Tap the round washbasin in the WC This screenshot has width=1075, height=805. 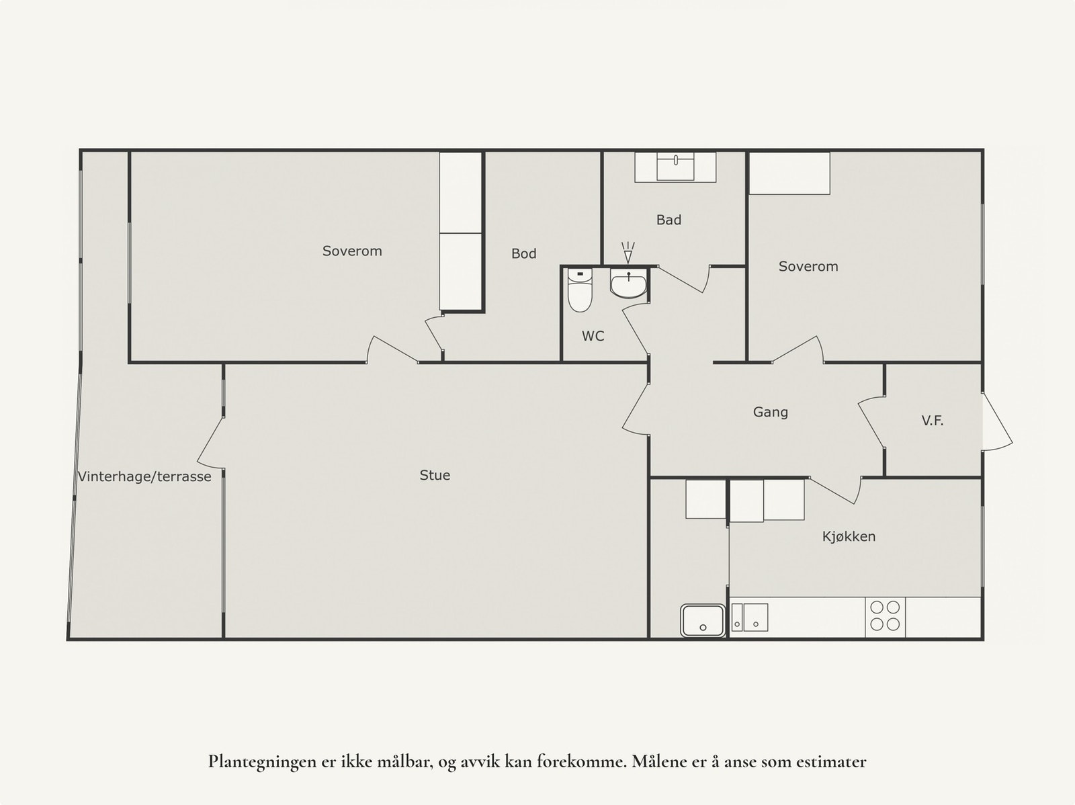click(x=628, y=285)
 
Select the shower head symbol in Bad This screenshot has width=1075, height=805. click(x=628, y=253)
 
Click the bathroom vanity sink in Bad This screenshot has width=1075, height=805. click(x=676, y=167)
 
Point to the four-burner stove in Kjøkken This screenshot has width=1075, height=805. click(x=885, y=616)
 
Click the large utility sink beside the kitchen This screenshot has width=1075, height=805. click(x=703, y=620)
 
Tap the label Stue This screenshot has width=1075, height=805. click(x=435, y=475)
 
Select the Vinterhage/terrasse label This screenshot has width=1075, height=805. click(x=144, y=476)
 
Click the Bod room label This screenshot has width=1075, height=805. click(x=523, y=253)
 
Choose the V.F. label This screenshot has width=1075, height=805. click(x=932, y=421)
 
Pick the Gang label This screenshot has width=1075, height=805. click(x=770, y=412)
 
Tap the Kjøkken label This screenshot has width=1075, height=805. click(x=849, y=536)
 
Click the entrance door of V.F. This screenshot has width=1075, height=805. click(x=996, y=422)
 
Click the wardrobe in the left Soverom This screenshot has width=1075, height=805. click(x=461, y=231)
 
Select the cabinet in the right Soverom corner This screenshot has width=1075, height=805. click(x=789, y=173)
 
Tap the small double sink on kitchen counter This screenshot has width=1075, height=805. click(x=749, y=617)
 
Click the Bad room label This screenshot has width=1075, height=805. click(x=669, y=220)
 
